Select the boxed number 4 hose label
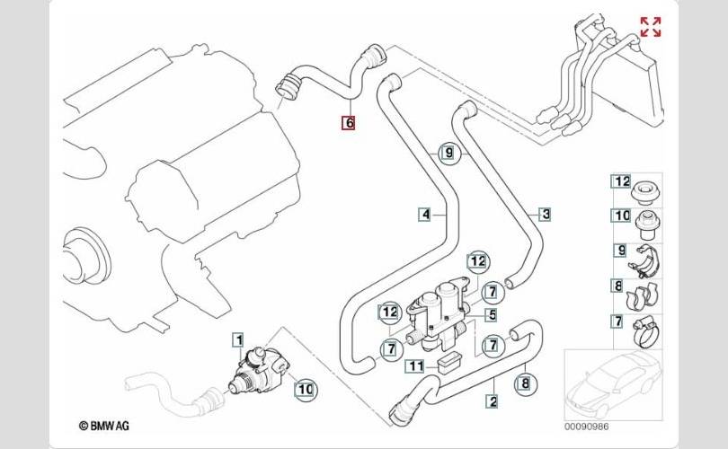pos(425,214)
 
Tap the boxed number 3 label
pos(545,214)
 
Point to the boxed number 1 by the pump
pos(237,339)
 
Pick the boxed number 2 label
pos(493,401)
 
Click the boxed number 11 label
pos(414,365)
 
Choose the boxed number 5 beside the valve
pos(491,315)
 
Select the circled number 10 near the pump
pos(305,389)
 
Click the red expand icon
pos(650,27)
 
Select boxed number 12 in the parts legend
pos(622,180)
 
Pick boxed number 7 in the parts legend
pos(617,321)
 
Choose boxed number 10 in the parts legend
pos(622,216)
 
